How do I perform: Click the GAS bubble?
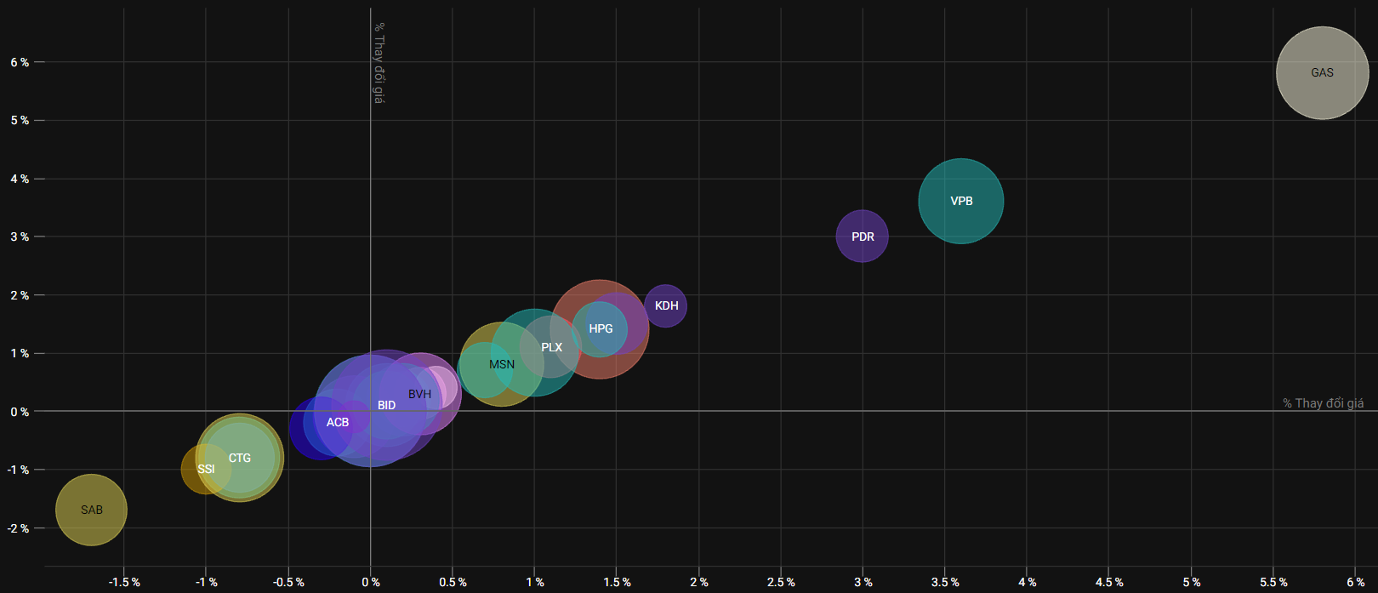coord(1322,73)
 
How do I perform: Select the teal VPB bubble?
coord(961,201)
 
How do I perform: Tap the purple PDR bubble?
coord(863,237)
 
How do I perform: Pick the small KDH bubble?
coord(666,305)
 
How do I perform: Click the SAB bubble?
coord(91,510)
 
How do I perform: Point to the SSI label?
coord(206,469)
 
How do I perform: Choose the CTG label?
coord(240,458)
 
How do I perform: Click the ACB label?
coord(338,422)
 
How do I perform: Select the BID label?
coord(387,405)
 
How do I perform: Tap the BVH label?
coord(419,394)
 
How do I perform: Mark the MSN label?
coord(502,364)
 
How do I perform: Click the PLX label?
coord(551,347)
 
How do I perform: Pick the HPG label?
coord(601,328)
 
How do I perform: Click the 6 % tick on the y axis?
coord(20,62)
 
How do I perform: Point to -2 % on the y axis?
coord(19,528)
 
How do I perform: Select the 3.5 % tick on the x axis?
coord(945,582)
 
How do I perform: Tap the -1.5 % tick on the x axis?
coord(124,582)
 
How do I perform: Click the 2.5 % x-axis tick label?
coord(781,582)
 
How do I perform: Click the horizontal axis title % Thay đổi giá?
coord(1323,403)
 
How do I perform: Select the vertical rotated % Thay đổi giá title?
coord(379,63)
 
